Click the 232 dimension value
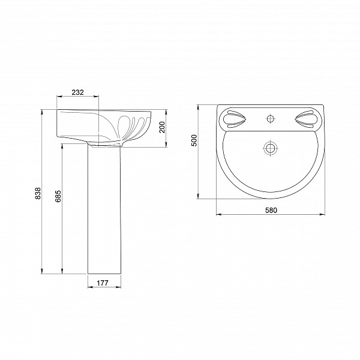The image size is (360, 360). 77,92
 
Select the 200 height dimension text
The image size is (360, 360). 162,127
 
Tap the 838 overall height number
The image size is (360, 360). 38,193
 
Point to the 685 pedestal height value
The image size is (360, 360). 58,196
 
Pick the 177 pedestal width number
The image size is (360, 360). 102,283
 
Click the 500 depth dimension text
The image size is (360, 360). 194,140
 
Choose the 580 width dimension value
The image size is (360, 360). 271,210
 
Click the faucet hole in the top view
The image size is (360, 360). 271,118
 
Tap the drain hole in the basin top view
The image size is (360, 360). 271,147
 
